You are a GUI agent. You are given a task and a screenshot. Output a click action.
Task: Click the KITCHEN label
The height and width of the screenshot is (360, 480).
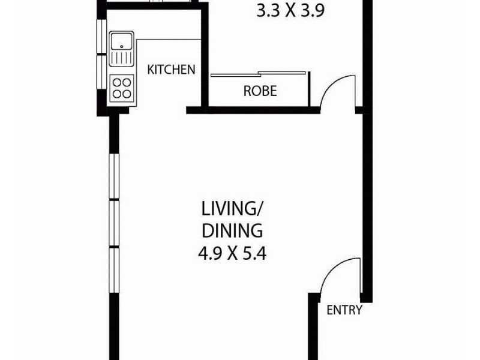(172, 69)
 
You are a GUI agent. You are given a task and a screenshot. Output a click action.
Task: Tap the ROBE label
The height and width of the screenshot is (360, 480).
(260, 91)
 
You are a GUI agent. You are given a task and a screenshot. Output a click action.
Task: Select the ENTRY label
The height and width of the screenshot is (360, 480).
(344, 310)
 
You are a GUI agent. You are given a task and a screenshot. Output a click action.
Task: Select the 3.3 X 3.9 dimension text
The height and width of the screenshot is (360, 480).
(290, 11)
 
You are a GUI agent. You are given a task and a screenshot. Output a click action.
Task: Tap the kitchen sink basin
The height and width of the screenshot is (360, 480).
(122, 42)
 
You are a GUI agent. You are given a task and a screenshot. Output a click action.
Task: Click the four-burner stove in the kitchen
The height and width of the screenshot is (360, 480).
(122, 87)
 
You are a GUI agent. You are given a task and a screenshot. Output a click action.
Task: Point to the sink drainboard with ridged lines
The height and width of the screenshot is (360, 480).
(122, 58)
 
